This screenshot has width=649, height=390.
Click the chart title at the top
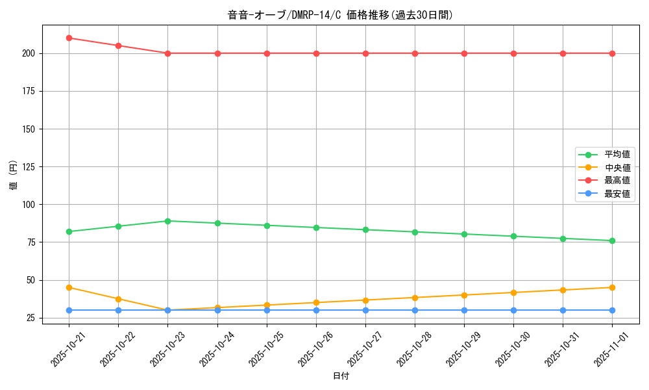click(340, 15)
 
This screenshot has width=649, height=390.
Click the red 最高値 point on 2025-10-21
click(69, 38)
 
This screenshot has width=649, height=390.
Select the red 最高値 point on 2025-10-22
click(118, 45)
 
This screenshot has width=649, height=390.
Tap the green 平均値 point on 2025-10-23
click(167, 221)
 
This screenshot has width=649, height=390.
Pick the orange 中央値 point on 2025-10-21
click(69, 287)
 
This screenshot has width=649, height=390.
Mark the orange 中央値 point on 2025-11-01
click(612, 287)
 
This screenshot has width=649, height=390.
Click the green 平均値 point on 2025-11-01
click(612, 240)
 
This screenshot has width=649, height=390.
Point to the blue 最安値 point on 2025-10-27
click(365, 310)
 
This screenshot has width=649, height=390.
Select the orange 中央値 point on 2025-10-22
click(118, 299)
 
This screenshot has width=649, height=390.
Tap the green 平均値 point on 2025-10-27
click(365, 229)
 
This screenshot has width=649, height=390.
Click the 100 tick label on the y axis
click(28, 204)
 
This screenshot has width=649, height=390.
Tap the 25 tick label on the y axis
click(30, 318)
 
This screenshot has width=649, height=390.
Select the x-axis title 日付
click(341, 376)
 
